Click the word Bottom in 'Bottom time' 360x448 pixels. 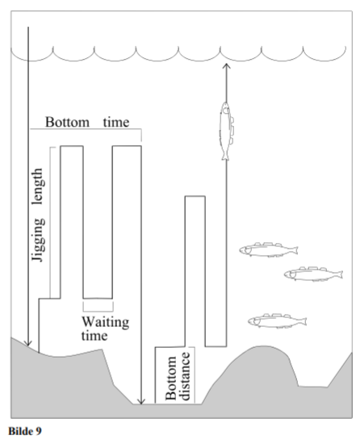[x=67, y=122]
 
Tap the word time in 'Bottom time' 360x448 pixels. [x=116, y=122]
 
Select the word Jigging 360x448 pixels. [x=39, y=240]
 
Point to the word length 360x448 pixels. [x=38, y=186]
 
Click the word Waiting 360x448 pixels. [x=106, y=322]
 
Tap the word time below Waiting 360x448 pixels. [x=94, y=336]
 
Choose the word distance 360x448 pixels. [x=185, y=376]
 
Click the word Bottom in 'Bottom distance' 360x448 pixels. [x=171, y=378]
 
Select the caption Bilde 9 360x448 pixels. [x=25, y=431]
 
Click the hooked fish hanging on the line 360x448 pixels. [x=226, y=131]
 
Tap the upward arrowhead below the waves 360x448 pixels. [x=226, y=66]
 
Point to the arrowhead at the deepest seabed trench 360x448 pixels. [x=141, y=401]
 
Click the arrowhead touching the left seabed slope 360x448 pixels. [x=28, y=343]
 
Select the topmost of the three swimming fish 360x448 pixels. [x=269, y=249]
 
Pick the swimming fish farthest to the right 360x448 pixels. [x=313, y=274]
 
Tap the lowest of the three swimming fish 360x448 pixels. [x=277, y=320]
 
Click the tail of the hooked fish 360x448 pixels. [x=225, y=156]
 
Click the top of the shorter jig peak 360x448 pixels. [x=195, y=196]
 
